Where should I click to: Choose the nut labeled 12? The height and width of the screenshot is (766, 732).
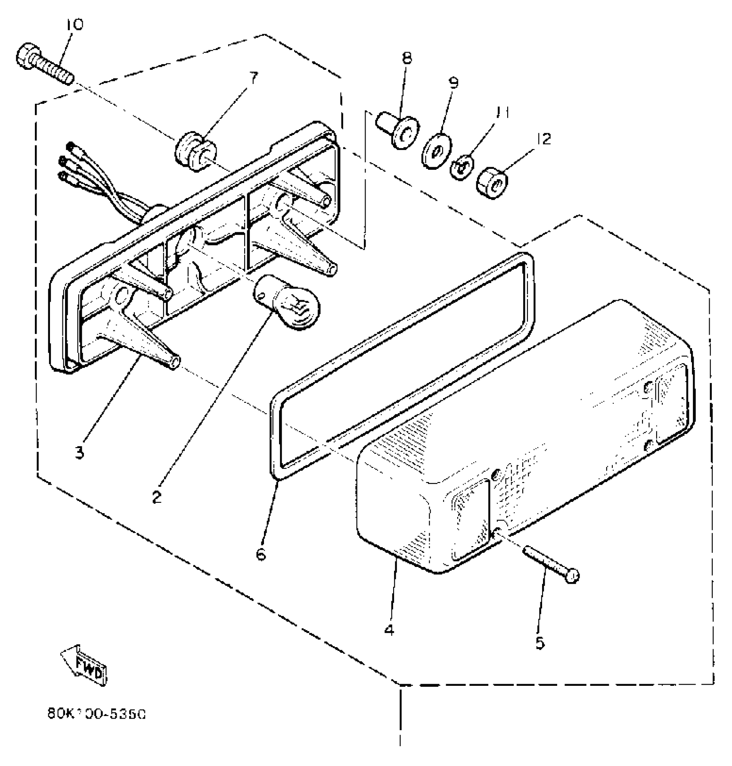tap(491, 184)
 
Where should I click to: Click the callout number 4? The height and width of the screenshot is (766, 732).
tap(389, 631)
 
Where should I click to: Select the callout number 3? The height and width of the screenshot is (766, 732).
tap(80, 453)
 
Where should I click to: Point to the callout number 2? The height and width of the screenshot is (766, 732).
tap(157, 498)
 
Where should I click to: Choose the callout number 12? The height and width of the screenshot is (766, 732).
tap(544, 139)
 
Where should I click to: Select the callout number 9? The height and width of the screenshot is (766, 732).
tap(453, 82)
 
